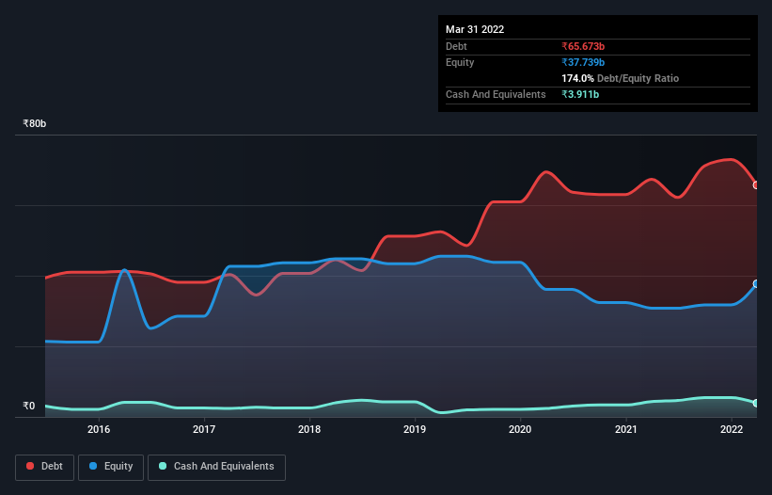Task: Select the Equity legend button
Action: [x=111, y=466]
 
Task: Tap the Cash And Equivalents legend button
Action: [x=216, y=466]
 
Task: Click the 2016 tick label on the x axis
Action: [x=99, y=429]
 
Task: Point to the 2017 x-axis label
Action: [x=204, y=429]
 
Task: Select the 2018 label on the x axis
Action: [x=309, y=429]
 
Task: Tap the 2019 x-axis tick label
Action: [x=415, y=429]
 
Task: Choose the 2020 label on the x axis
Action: [x=521, y=429]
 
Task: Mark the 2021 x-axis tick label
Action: [x=626, y=429]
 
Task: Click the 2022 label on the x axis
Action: [x=732, y=429]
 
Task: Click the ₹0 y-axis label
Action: [x=29, y=407]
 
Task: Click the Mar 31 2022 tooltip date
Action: [x=475, y=29]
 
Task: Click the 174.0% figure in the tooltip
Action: [x=578, y=78]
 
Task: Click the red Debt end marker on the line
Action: [x=756, y=185]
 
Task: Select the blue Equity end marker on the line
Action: [x=756, y=283]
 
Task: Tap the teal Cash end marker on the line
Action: [x=756, y=403]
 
